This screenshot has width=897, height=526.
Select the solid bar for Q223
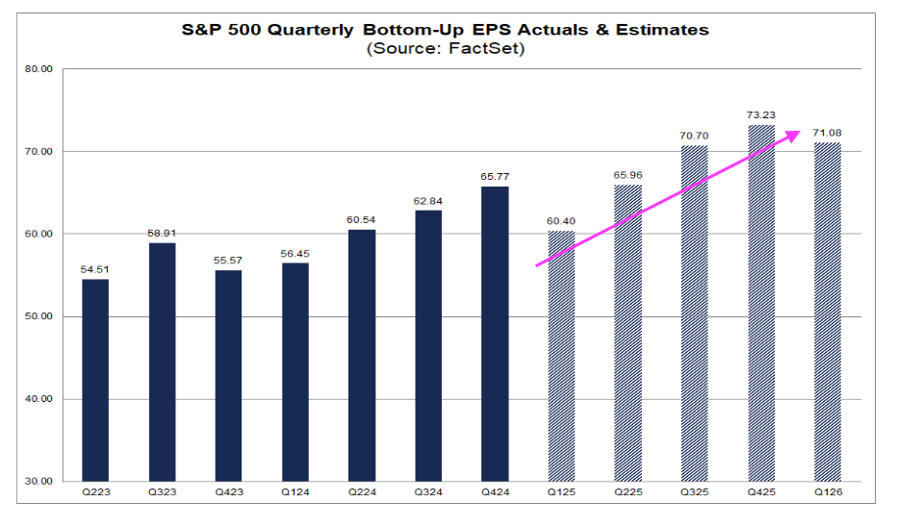tap(95, 380)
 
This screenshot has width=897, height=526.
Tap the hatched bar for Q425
tap(761, 303)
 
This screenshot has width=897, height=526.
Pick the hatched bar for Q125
tap(561, 356)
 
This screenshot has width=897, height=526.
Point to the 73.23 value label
tap(761, 113)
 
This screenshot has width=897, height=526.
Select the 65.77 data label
tap(495, 176)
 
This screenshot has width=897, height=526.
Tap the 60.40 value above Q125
tap(561, 220)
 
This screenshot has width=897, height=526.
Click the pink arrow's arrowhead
tap(793, 135)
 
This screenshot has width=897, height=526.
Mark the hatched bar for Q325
tap(694, 313)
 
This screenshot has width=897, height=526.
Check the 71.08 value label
tap(828, 132)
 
